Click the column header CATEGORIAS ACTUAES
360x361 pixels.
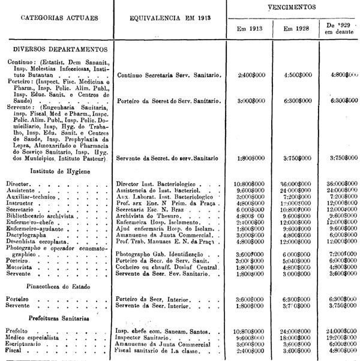coord(56,17)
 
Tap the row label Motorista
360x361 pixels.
coord(20,268)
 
